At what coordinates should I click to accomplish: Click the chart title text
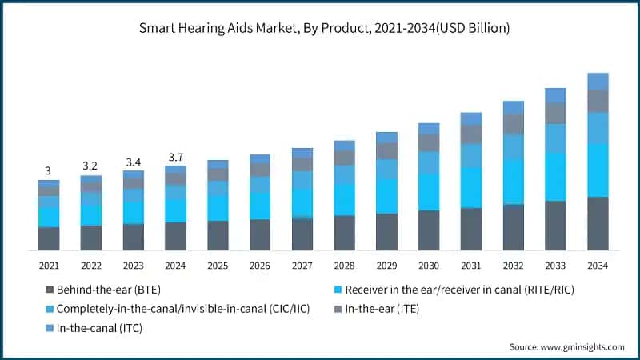(319, 27)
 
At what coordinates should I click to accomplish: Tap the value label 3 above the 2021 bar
(48, 170)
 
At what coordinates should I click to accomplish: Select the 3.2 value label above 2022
(90, 166)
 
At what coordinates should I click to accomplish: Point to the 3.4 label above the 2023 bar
(133, 161)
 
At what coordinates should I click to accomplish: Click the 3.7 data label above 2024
(175, 156)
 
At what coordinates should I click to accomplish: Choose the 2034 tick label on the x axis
(598, 265)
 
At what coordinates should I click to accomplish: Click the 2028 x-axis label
(344, 265)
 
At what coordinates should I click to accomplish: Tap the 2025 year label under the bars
(218, 265)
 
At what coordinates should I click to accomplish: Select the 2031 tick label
(471, 265)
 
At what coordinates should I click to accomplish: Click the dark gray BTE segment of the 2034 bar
(598, 223)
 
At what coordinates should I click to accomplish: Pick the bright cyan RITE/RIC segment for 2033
(555, 177)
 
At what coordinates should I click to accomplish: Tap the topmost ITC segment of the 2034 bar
(598, 81)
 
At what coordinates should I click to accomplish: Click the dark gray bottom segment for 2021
(49, 238)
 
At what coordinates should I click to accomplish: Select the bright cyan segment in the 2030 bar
(429, 192)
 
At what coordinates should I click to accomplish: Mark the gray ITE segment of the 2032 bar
(513, 123)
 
